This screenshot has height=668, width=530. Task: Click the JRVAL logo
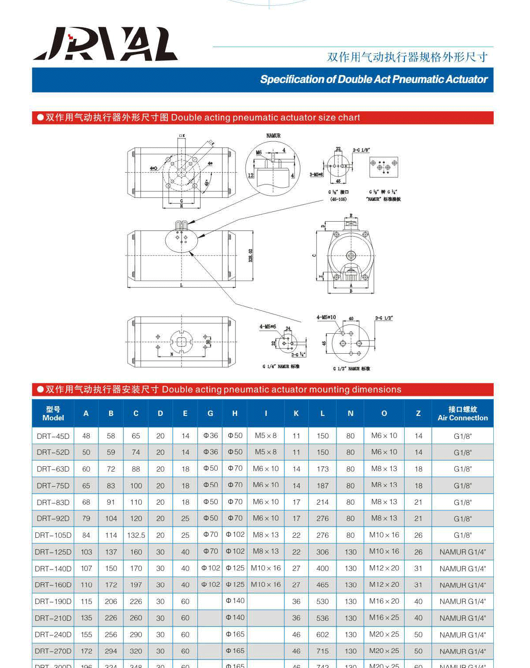tap(105, 44)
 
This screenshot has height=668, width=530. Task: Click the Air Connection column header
tap(462, 413)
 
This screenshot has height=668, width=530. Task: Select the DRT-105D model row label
tap(53, 535)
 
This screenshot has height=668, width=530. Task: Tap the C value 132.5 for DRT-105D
tap(136, 535)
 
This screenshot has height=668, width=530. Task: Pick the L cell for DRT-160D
tap(322, 585)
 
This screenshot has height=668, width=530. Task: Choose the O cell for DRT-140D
tap(384, 568)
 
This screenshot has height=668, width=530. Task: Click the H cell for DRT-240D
tap(235, 634)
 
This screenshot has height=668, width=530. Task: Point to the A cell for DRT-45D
tap(86, 436)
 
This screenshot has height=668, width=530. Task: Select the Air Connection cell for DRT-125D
tap(462, 552)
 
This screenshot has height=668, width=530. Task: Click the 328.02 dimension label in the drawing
tap(250, 255)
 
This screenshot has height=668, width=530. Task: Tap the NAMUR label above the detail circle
tap(273, 136)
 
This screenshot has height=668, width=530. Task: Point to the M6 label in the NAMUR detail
tap(259, 152)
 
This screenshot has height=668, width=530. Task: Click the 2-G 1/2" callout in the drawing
tap(384, 318)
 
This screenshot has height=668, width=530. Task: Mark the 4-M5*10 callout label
tap(326, 317)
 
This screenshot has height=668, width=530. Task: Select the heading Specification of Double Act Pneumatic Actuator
tap(374, 79)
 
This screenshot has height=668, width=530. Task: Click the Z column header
tap(418, 413)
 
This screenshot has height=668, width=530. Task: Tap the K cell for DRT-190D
tap(296, 601)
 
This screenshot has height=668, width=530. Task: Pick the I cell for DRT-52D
tap(265, 452)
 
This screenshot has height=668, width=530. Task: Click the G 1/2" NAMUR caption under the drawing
tap(351, 369)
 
